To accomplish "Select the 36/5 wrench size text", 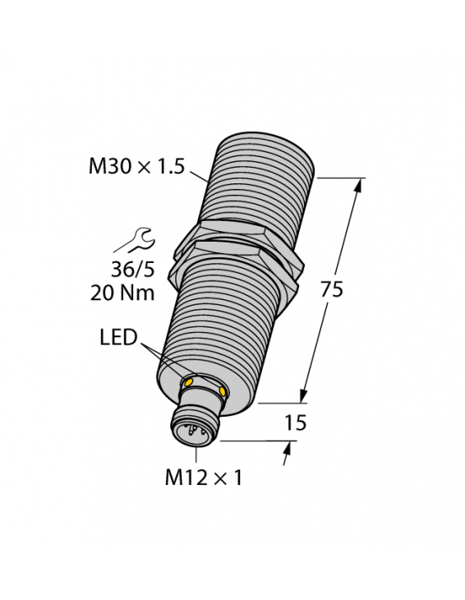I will [x=131, y=269].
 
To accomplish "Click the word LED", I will [x=117, y=339].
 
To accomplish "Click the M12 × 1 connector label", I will [x=205, y=478].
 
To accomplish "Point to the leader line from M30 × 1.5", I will [x=200, y=175].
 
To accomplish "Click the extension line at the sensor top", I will [x=338, y=177].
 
